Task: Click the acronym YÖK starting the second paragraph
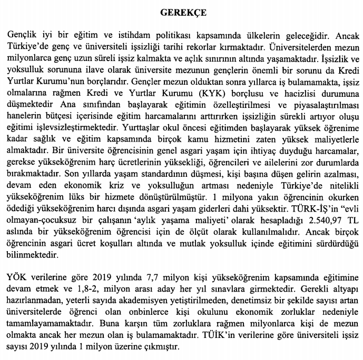[16, 277]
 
